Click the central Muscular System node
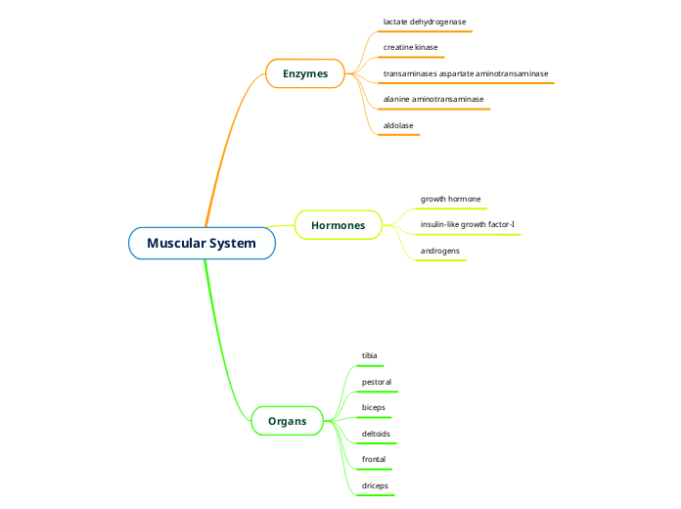click(202, 243)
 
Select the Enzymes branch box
click(305, 73)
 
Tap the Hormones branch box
click(338, 225)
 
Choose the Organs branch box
click(287, 422)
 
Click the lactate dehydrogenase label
click(425, 21)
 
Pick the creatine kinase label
click(410, 47)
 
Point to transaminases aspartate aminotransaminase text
click(465, 73)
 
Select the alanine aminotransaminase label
click(432, 99)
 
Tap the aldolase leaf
click(398, 125)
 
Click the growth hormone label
click(450, 199)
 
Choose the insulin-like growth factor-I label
click(467, 225)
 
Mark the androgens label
click(440, 251)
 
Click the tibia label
click(370, 354)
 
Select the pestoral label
click(377, 381)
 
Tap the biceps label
click(374, 406)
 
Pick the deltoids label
click(377, 433)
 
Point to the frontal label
click(374, 458)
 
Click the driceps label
click(376, 485)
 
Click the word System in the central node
click(232, 243)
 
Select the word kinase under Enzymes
click(426, 47)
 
